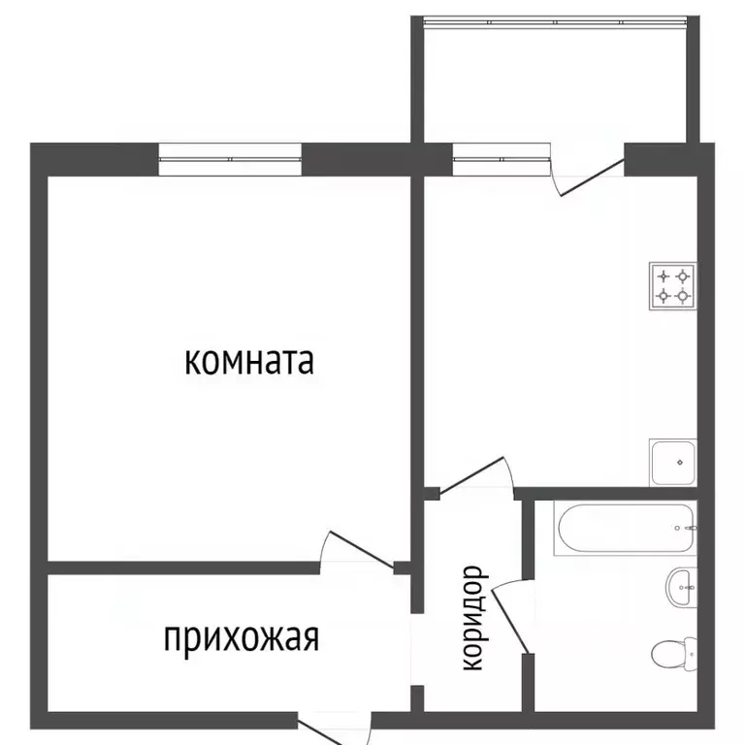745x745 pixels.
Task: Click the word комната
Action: [249, 362]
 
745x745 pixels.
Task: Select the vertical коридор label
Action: [472, 619]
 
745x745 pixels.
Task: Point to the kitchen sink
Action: [673, 463]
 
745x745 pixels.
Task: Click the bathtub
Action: [626, 528]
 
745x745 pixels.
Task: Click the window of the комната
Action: [230, 159]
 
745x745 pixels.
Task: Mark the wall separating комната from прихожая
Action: [184, 567]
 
